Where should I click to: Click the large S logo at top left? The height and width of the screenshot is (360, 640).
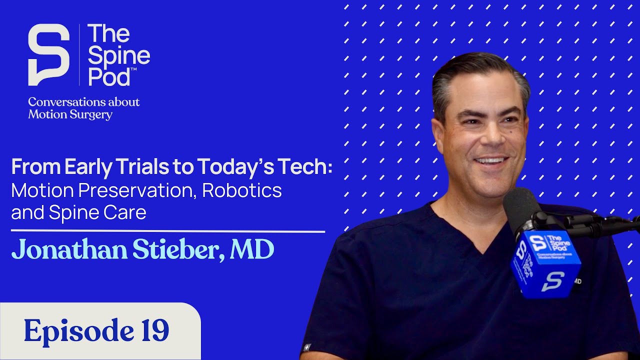(x=48, y=54)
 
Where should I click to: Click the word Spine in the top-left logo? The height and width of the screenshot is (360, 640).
(x=119, y=56)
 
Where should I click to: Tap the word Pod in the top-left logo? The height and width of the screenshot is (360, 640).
(x=109, y=76)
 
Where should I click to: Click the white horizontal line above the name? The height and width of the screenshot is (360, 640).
(x=167, y=231)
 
